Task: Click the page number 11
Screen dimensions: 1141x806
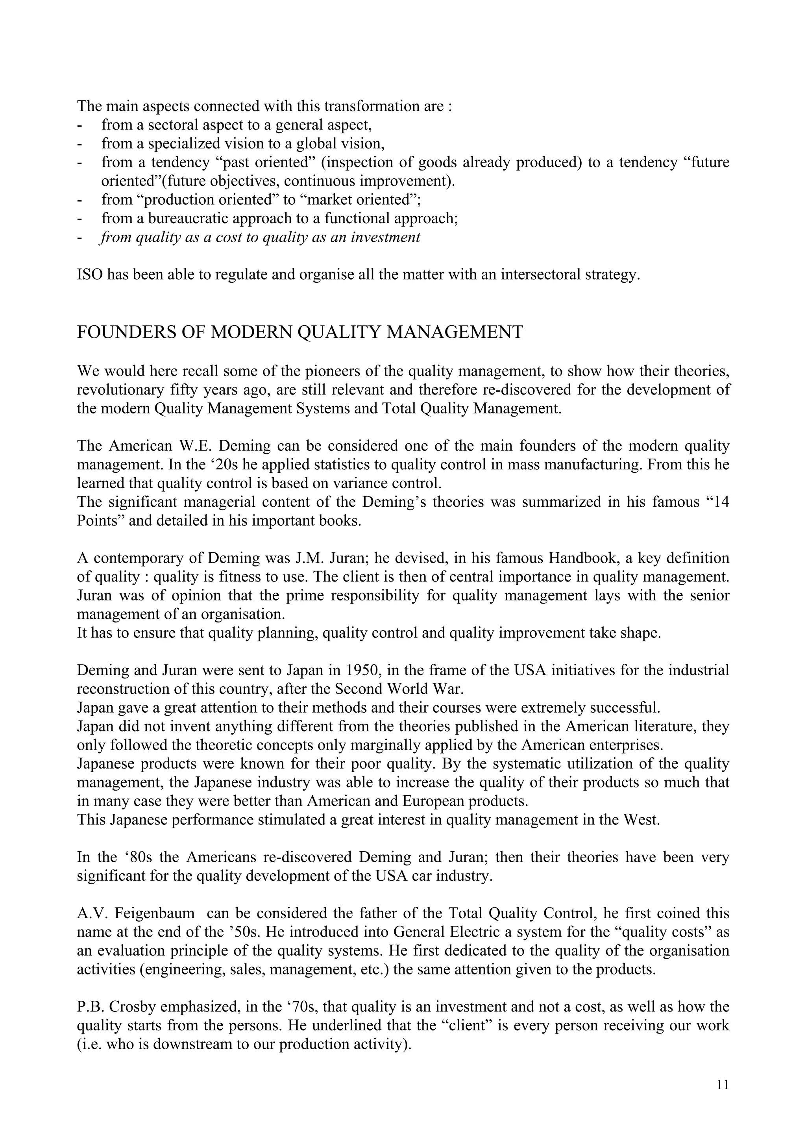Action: (723, 1084)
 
